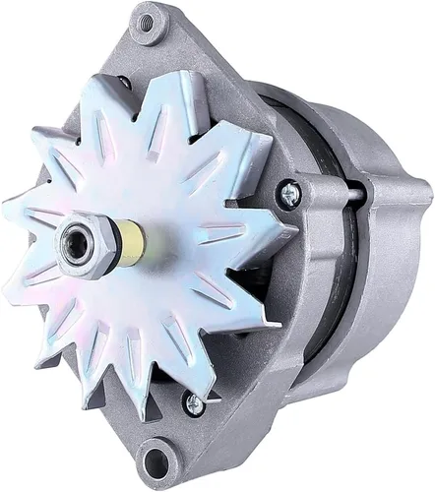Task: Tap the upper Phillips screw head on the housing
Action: tap(288, 195)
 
